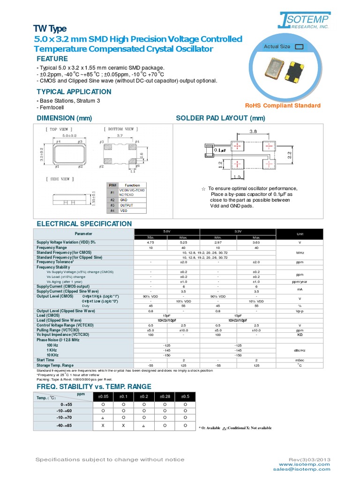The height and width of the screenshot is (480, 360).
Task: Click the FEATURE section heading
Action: pyautogui.click(x=52, y=59)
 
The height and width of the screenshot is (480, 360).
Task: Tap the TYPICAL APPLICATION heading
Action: pyautogui.click(x=74, y=91)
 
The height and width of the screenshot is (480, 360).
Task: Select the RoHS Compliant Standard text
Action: pyautogui.click(x=283, y=105)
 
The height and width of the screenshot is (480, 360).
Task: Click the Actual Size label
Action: pyautogui.click(x=277, y=46)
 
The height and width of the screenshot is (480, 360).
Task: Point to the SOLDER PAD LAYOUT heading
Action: pyautogui.click(x=220, y=118)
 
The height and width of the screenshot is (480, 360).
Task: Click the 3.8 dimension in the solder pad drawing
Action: pyautogui.click(x=252, y=132)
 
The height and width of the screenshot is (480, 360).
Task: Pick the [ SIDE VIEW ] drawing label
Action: pyautogui.click(x=58, y=179)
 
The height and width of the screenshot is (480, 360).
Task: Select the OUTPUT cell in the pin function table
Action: pyautogui.click(x=127, y=205)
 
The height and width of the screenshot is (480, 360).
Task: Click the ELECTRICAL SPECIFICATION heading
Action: pyautogui.click(x=84, y=224)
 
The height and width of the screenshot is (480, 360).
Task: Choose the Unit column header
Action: pyautogui.click(x=300, y=233)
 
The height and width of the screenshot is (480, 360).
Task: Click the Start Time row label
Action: pyautogui.click(x=46, y=360)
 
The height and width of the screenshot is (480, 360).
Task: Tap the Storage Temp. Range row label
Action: pyautogui.click(x=55, y=365)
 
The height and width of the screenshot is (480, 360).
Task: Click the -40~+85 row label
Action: pyautogui.click(x=64, y=426)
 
